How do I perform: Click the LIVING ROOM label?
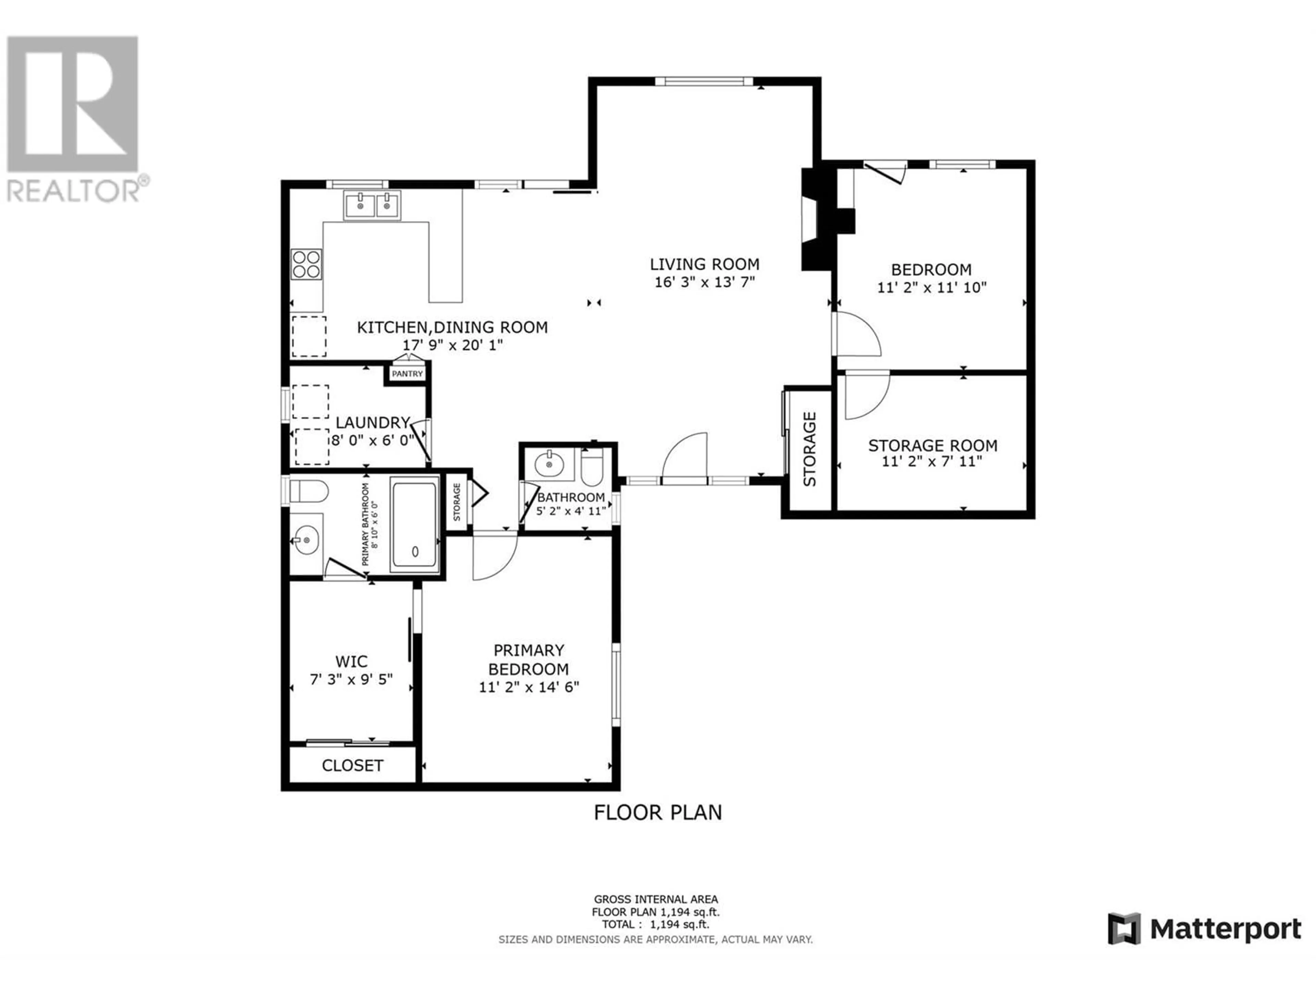tap(704, 264)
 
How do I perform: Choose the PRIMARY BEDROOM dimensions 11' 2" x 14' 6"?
tap(529, 687)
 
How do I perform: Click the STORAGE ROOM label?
tap(932, 445)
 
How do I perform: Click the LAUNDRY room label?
tap(373, 423)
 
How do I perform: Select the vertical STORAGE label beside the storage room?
tap(810, 449)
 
